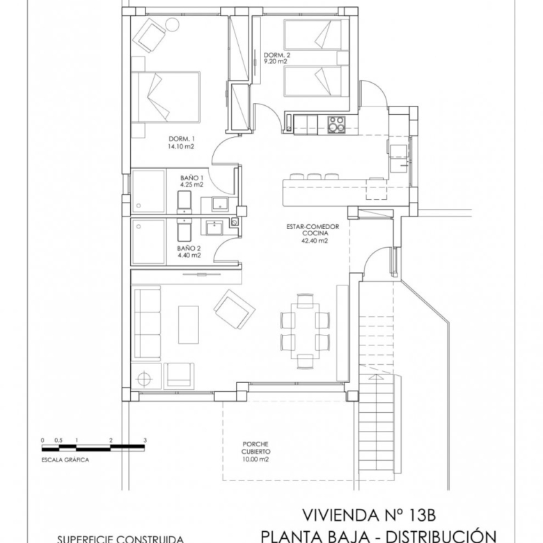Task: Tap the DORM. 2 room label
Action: coord(277,55)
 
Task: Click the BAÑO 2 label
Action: coord(189,249)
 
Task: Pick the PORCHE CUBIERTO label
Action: coord(256,448)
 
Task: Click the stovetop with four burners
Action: coord(337,125)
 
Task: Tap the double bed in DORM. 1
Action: coord(166,97)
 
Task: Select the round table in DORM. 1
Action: coord(172,25)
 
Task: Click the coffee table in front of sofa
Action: coord(189,324)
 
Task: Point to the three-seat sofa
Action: coord(148,323)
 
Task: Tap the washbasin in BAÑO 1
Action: coord(219,203)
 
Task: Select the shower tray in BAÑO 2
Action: coord(148,242)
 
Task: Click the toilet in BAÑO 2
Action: coord(184,230)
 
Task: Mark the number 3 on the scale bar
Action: coord(145,440)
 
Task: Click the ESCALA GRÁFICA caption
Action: coord(65,460)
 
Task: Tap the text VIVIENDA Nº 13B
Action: coord(369,515)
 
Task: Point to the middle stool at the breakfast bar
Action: coord(315,176)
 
